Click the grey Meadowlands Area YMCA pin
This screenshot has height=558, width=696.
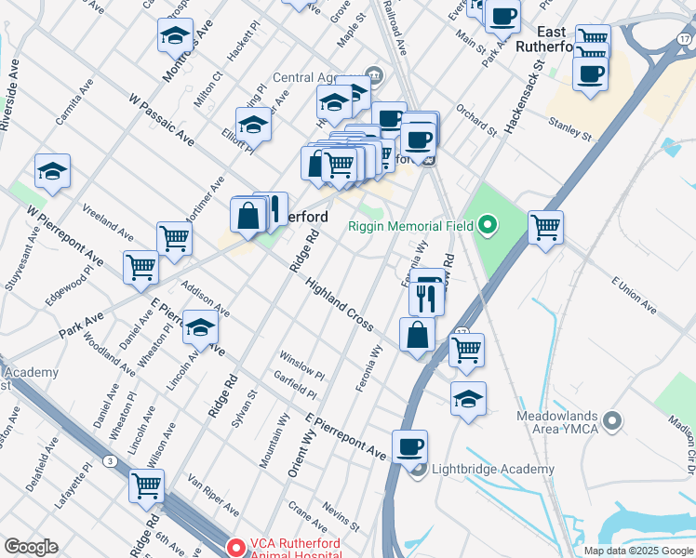coord(612,421)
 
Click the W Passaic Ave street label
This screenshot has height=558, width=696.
coord(161,119)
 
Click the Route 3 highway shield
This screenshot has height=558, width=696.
coord(111,461)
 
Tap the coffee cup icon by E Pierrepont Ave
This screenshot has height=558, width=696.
coord(409,446)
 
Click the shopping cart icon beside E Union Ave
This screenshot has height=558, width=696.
coord(544,226)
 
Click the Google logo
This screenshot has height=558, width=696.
coord(31,547)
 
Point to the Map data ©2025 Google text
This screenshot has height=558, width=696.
coord(638,550)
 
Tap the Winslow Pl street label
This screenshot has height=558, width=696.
coord(301,365)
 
